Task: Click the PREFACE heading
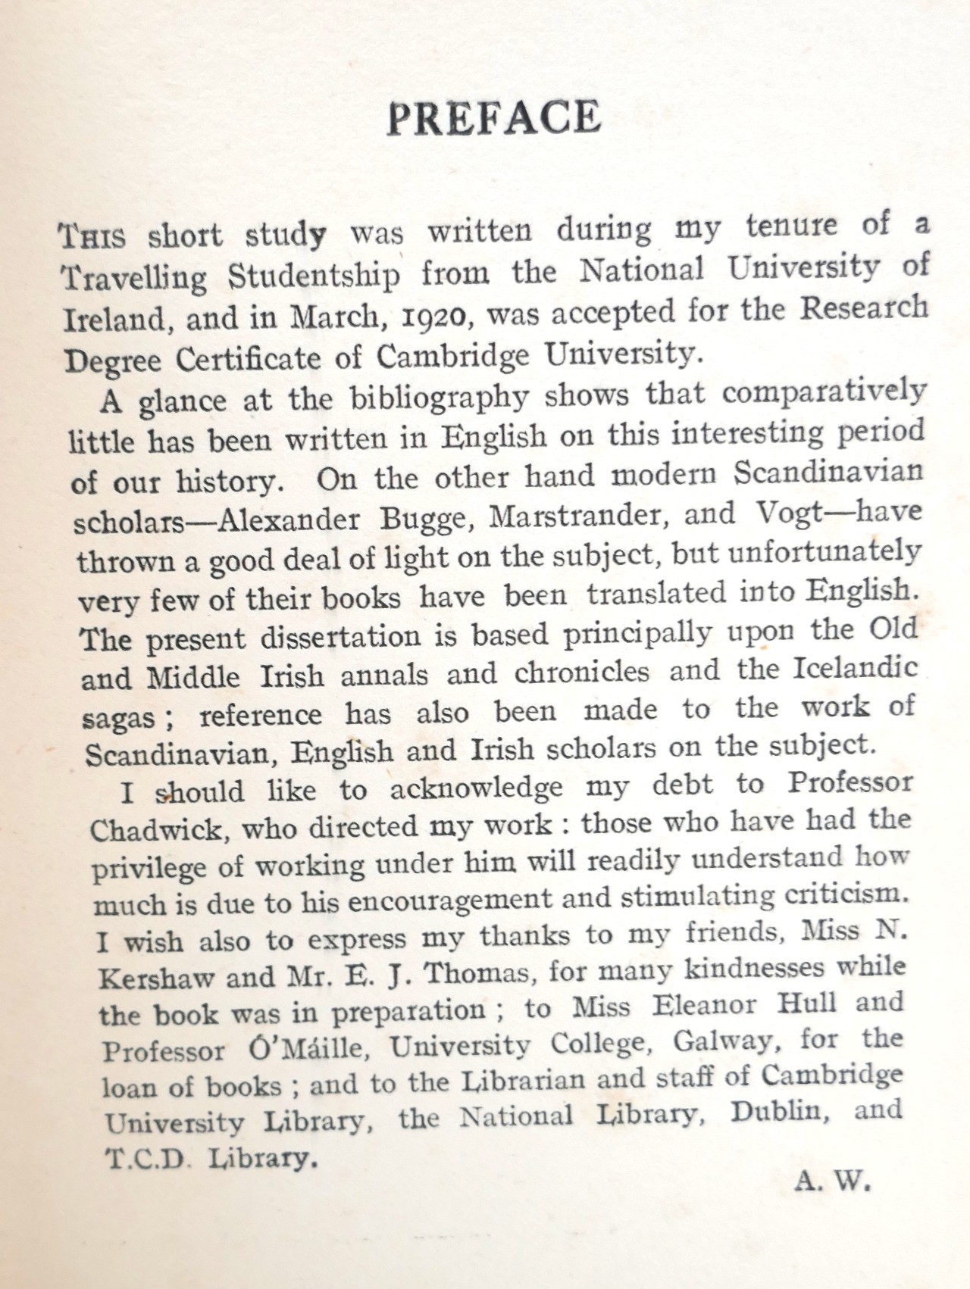point(494,118)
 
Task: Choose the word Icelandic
point(856,669)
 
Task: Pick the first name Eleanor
point(704,1006)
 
